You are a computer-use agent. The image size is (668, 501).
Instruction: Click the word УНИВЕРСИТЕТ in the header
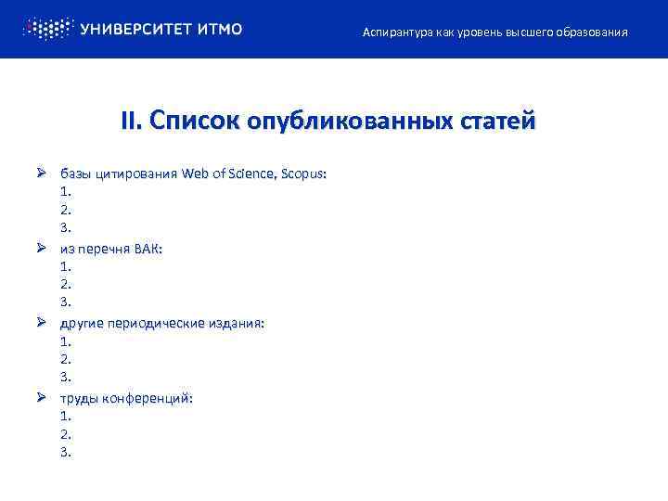tap(136, 29)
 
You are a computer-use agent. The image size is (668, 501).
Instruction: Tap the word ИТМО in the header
tap(220, 29)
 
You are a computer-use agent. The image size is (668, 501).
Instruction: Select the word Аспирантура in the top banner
tap(395, 32)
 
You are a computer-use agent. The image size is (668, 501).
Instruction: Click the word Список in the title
tap(189, 122)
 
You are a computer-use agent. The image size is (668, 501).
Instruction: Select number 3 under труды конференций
tap(65, 452)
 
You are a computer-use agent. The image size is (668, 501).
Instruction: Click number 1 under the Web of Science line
tap(65, 191)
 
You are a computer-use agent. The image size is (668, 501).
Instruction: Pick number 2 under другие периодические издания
tap(65, 359)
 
